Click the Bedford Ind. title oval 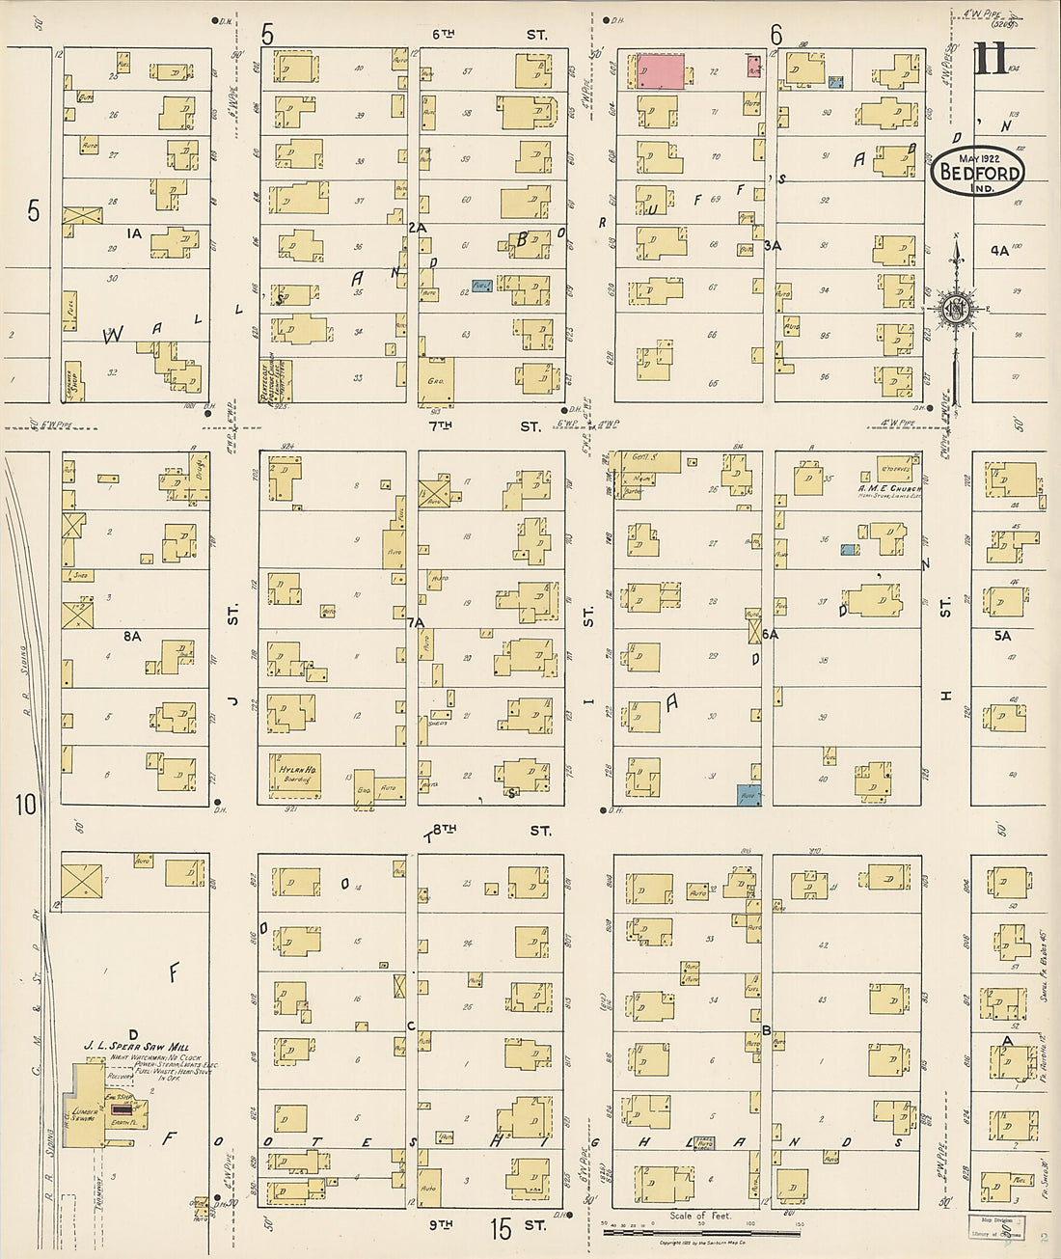click(977, 172)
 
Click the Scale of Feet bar click(701, 1231)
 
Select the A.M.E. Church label click(889, 489)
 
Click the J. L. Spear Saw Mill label click(143, 1047)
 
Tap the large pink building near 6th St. click(661, 72)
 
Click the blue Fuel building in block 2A click(481, 287)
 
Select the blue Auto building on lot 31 click(749, 796)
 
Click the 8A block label click(132, 636)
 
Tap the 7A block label click(416, 623)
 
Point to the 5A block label click(1002, 636)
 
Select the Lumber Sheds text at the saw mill click(82, 1116)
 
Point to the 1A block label click(133, 233)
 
